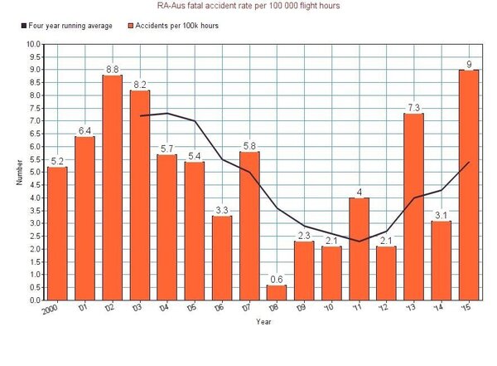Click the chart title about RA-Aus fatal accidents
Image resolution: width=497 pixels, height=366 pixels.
click(x=248, y=6)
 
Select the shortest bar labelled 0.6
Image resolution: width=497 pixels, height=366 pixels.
click(x=277, y=292)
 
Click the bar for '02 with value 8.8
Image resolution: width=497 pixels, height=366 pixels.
click(x=112, y=187)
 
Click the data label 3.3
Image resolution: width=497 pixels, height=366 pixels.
click(x=222, y=211)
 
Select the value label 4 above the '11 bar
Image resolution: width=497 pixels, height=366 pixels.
click(x=359, y=193)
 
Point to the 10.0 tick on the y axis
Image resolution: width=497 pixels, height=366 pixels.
click(x=33, y=44)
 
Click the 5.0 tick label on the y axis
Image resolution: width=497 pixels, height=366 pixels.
click(x=33, y=172)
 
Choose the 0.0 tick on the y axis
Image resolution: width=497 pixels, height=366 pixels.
click(x=33, y=300)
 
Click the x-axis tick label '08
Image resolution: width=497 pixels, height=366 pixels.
click(x=274, y=308)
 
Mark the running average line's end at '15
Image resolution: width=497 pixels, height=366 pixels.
click(x=469, y=162)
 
